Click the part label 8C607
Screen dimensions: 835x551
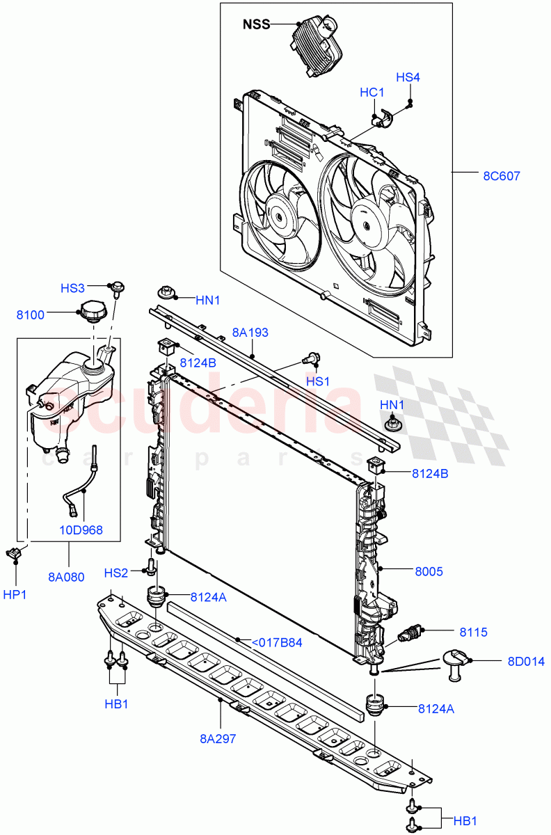click(x=502, y=175)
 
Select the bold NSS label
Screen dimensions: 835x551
click(x=256, y=25)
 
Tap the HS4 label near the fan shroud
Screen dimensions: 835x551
click(x=408, y=77)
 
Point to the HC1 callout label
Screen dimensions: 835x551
click(x=372, y=93)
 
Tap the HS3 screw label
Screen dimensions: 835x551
click(x=72, y=287)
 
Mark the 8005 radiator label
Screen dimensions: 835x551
click(x=429, y=571)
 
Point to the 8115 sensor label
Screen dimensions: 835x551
click(x=473, y=632)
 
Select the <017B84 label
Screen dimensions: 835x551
click(x=277, y=642)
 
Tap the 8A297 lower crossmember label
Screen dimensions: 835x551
click(x=218, y=738)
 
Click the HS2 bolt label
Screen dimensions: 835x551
click(x=116, y=572)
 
